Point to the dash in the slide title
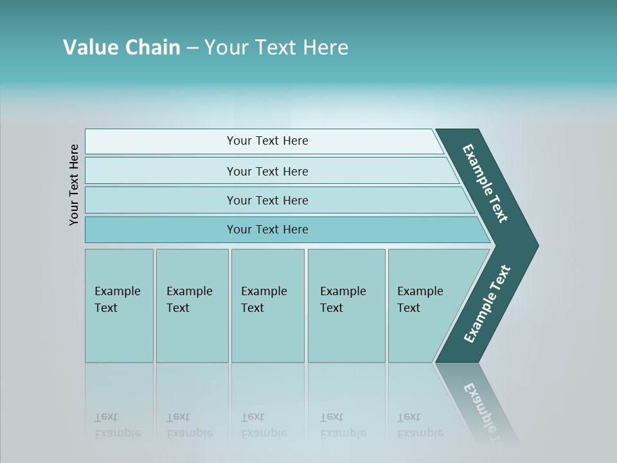click(192, 48)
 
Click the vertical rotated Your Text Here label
click(74, 185)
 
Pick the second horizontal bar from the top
click(267, 171)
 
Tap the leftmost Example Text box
click(119, 305)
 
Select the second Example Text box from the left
click(192, 305)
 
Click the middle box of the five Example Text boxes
click(267, 305)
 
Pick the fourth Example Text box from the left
click(346, 305)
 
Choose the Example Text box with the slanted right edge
click(424, 305)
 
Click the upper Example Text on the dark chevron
click(486, 183)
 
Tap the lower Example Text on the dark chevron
click(487, 304)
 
